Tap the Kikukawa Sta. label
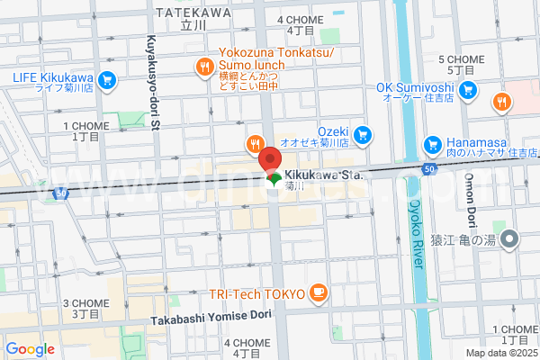pyautogui.click(x=323, y=175)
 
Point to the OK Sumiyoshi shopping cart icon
pyautogui.click(x=467, y=90)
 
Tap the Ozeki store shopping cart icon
pyautogui.click(x=362, y=135)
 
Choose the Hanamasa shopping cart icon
pyautogui.click(x=433, y=144)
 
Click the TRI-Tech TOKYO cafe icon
pyautogui.click(x=317, y=292)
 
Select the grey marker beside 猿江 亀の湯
pyautogui.click(x=508, y=238)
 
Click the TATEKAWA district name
pyautogui.click(x=193, y=13)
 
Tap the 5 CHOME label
pyautogui.click(x=461, y=59)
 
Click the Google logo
pyautogui.click(x=30, y=348)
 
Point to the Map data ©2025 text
pyautogui.click(x=502, y=354)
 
